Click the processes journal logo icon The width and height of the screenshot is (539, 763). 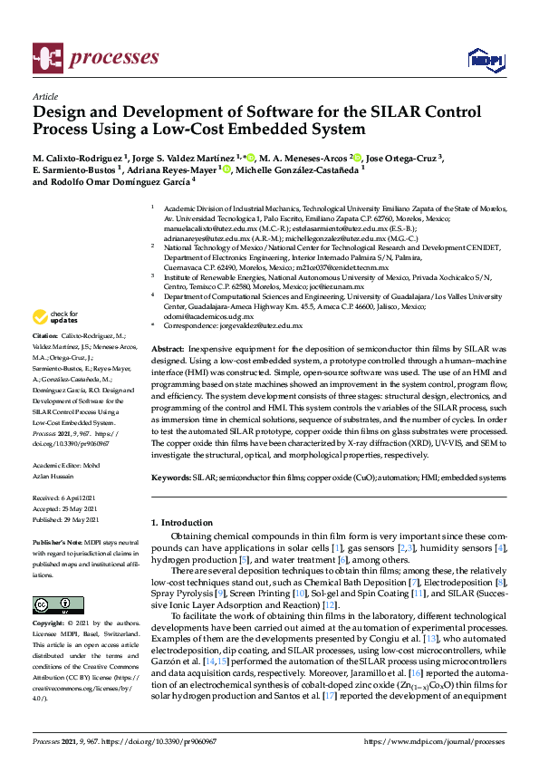(46, 57)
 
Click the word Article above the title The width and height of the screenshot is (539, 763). (45, 96)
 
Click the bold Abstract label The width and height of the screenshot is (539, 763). (167, 349)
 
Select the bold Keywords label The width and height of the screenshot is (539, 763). (171, 477)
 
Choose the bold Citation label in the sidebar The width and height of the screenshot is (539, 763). (47, 335)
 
